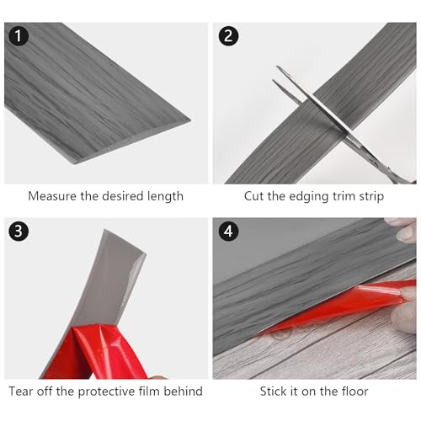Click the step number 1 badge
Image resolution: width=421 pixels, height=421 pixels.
tap(19, 36)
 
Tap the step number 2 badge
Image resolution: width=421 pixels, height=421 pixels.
tap(228, 36)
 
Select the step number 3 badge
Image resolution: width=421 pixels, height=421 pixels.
tap(19, 232)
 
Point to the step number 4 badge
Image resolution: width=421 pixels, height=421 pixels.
tap(228, 232)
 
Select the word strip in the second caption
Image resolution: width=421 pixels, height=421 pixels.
tap(371, 196)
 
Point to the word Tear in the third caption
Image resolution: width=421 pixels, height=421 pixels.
tap(21, 392)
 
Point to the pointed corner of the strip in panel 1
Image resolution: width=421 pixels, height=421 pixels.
tap(191, 121)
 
